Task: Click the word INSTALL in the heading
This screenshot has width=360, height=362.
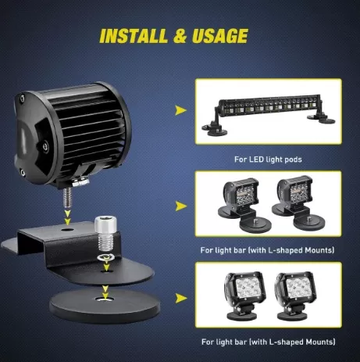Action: (134, 36)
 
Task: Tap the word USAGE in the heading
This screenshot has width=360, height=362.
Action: (220, 35)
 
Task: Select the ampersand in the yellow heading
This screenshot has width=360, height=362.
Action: (180, 36)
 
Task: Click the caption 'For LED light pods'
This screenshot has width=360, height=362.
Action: (268, 159)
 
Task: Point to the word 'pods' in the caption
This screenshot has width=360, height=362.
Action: (292, 159)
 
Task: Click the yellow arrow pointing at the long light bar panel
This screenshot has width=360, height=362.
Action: (180, 110)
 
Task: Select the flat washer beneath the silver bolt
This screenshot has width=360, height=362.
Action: (105, 257)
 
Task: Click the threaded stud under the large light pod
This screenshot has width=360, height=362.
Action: (67, 198)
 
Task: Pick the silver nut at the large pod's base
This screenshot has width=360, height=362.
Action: (80, 182)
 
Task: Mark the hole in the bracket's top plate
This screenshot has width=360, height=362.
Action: (67, 231)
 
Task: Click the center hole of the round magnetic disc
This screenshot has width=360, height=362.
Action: (105, 299)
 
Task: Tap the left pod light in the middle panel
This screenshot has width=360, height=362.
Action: (244, 205)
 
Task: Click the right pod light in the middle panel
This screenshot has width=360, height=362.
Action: (298, 203)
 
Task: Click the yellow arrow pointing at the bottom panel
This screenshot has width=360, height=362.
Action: (181, 298)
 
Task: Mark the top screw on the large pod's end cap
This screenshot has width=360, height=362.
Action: (23, 98)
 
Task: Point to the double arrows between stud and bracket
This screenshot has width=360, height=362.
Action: (67, 217)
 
